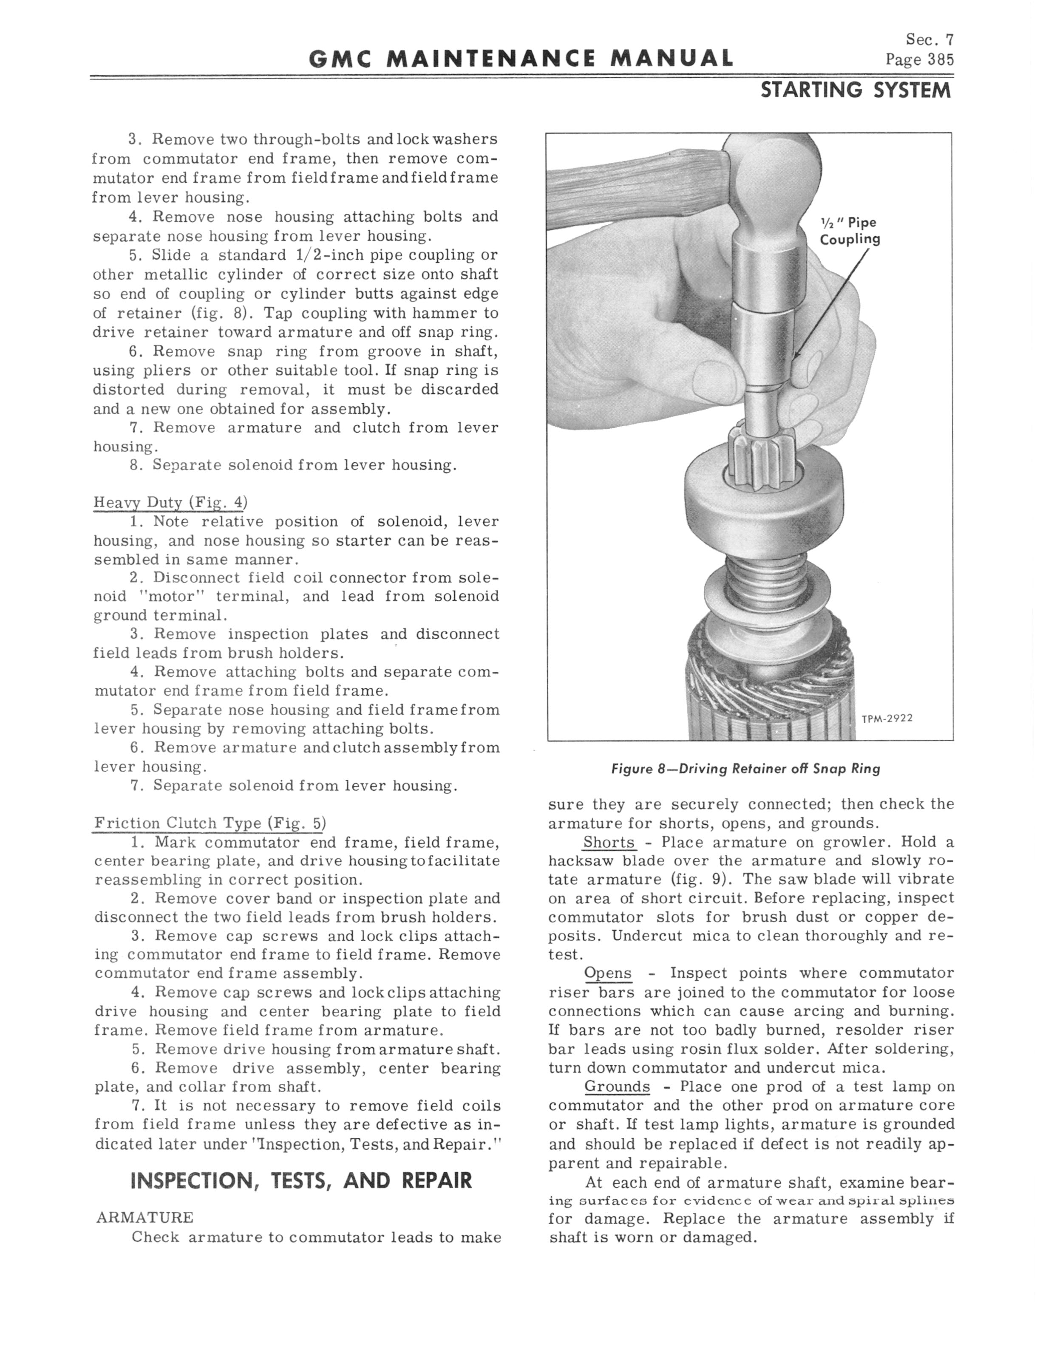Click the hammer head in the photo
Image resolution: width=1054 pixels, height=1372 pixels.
(x=772, y=188)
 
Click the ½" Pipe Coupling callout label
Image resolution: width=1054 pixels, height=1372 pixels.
(x=850, y=231)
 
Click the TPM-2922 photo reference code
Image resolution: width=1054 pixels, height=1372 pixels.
(x=887, y=719)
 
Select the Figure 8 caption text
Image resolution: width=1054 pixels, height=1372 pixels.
(x=745, y=769)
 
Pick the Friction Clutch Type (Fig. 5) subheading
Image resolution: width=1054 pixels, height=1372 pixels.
(x=210, y=823)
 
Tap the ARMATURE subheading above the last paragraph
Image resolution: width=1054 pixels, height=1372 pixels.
(x=145, y=1218)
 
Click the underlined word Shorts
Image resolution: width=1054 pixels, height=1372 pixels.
(x=609, y=842)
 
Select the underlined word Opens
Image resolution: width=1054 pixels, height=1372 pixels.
(x=607, y=973)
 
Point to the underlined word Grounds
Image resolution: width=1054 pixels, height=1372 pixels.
(x=617, y=1087)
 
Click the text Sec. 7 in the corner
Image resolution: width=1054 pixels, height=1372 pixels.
(x=929, y=40)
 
